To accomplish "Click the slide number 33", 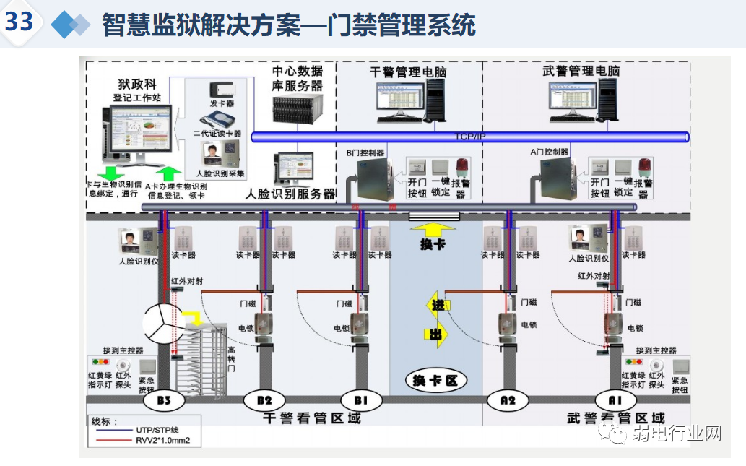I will (19, 22).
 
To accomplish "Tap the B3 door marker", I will (162, 400).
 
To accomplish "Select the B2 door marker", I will (264, 400).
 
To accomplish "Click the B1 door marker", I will (360, 400).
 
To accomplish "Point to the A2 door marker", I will (509, 400).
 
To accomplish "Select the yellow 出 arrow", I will (438, 335).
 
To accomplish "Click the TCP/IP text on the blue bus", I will (470, 137).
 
